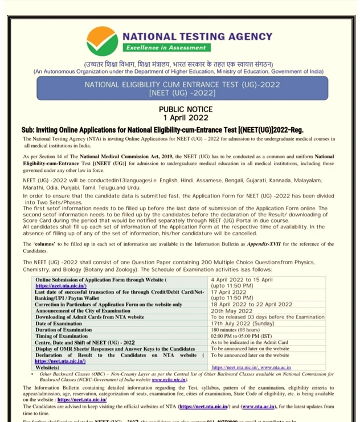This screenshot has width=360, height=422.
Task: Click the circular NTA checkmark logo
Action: click(x=102, y=40)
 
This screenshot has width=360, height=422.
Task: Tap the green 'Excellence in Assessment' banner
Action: click(x=167, y=48)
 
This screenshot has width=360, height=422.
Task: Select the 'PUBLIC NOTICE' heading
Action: click(x=186, y=109)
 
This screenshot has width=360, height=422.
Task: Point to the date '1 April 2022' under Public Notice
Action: click(x=186, y=118)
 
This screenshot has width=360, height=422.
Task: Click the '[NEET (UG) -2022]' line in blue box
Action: click(x=182, y=92)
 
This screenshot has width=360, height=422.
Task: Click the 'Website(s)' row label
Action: click(x=51, y=367)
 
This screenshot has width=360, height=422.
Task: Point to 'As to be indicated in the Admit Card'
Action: click(x=249, y=342)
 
